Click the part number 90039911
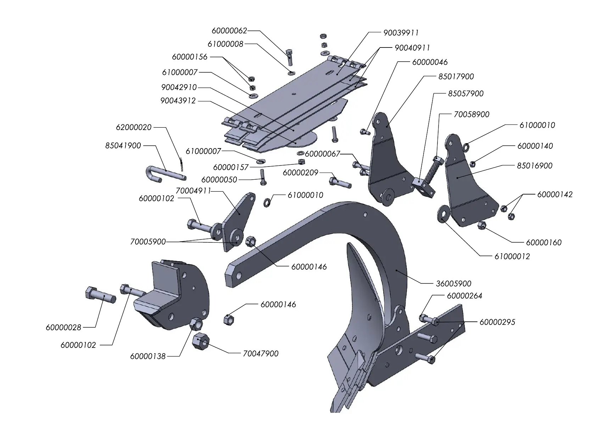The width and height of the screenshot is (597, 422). (x=401, y=33)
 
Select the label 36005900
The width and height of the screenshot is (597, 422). (x=453, y=284)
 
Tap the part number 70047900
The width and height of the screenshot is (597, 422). (x=261, y=354)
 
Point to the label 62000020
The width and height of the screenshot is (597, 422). (x=134, y=127)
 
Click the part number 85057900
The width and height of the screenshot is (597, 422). (x=465, y=94)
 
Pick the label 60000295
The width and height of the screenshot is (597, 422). (x=497, y=322)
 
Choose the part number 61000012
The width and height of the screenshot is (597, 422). (x=512, y=257)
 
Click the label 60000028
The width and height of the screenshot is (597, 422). (x=63, y=327)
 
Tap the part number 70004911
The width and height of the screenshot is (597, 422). (x=193, y=191)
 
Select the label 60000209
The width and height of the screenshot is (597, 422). (x=301, y=173)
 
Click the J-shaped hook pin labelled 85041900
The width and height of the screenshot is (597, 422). (x=163, y=174)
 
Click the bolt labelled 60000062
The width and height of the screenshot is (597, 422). (x=289, y=57)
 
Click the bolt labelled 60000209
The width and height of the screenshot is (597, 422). (x=340, y=183)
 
